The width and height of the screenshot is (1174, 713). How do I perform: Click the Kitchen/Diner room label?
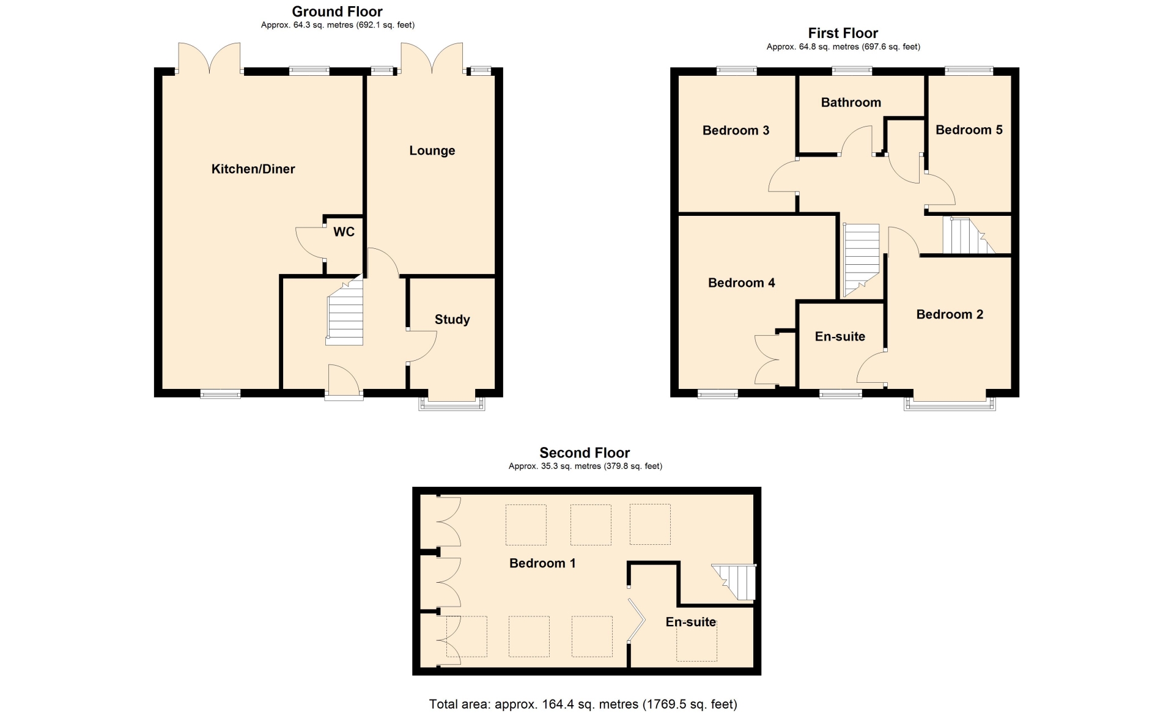[x=253, y=169]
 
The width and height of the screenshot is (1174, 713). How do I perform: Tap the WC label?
[x=344, y=232]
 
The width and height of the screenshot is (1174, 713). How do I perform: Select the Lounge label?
[x=432, y=151]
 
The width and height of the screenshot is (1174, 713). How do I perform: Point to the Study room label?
[x=452, y=320]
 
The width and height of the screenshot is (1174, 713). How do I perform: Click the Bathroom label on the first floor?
[x=851, y=103]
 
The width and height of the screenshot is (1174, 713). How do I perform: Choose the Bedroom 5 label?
[x=969, y=130]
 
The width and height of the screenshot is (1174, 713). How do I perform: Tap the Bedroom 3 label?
[x=736, y=130]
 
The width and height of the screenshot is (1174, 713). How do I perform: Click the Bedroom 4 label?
[x=742, y=283]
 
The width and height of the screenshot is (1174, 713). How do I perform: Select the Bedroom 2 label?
[x=950, y=314]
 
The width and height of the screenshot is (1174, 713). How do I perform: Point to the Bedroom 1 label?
[x=543, y=563]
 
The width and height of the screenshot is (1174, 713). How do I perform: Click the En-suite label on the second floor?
[x=691, y=622]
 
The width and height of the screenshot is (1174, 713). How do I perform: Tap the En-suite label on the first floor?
[x=840, y=336]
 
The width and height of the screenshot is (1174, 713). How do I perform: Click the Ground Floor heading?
[x=338, y=12]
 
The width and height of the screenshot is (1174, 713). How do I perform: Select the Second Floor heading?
[x=585, y=453]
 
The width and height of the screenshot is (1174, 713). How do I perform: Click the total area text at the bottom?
[x=583, y=704]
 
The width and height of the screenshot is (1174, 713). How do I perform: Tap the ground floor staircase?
[x=345, y=311]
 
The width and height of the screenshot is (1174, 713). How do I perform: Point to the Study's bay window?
[x=452, y=402]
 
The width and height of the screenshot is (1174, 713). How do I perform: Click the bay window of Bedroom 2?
[x=950, y=403]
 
